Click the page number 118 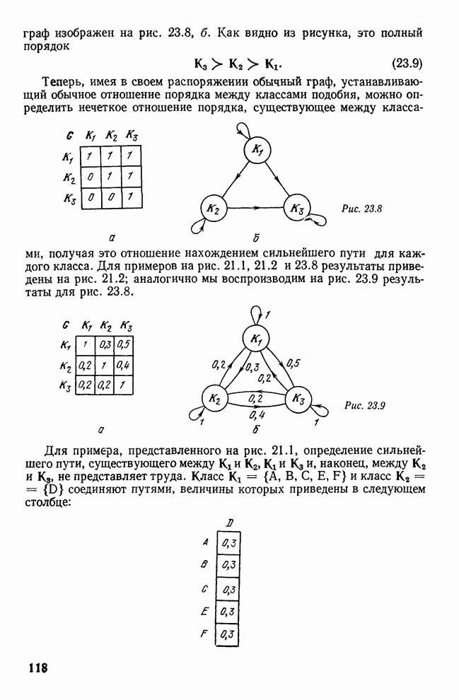coord(37,667)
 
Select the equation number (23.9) coord(407,62)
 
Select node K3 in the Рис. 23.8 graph coord(296,209)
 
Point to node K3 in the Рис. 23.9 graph coord(297,399)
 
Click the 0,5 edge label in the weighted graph coord(294,363)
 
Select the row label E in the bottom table coord(204,611)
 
